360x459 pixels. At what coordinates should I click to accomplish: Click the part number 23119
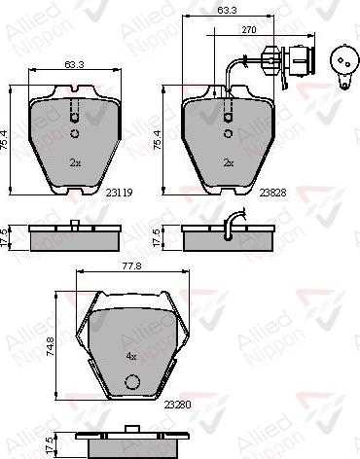coord(119,193)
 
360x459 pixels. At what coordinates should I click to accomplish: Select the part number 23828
coord(272,193)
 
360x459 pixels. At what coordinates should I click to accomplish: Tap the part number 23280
coord(178,405)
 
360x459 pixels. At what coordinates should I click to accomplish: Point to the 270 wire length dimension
coord(249,30)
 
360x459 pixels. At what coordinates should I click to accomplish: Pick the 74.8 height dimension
coord(51,346)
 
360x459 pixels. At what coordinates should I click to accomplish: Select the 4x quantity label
coord(131,357)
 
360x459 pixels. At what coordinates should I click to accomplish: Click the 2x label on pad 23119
coord(75,162)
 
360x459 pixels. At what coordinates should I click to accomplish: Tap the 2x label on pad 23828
coord(229,162)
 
